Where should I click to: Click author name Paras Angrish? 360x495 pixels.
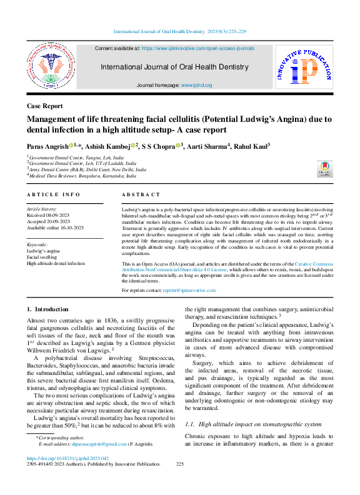47,146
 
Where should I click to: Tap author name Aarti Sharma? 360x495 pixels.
211,146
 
